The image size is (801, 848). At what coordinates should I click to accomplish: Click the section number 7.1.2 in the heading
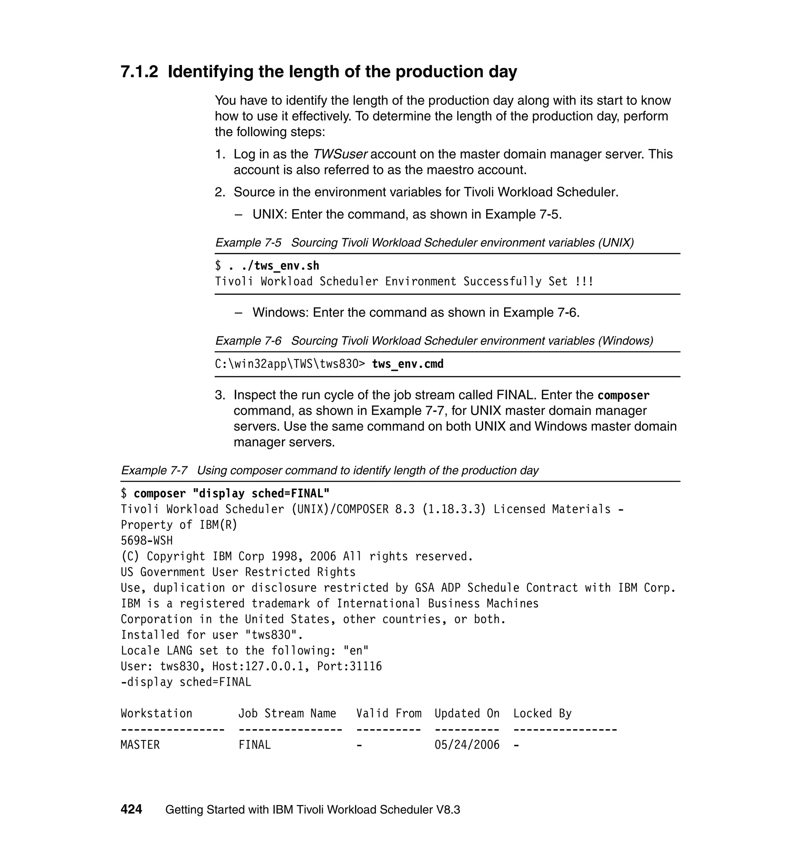coord(139,72)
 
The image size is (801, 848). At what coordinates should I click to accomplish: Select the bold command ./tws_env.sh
coord(280,266)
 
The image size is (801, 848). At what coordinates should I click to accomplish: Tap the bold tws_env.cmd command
coord(408,364)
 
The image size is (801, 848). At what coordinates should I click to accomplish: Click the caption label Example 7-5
coord(248,243)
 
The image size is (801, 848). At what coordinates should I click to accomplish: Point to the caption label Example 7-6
coord(248,341)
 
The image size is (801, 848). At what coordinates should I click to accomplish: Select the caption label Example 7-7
coord(154,471)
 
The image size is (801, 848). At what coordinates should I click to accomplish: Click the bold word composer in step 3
coord(623,395)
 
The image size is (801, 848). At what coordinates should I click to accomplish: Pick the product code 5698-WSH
coord(146,541)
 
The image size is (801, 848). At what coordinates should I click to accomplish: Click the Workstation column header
coord(156,713)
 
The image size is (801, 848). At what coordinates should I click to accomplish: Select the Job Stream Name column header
coord(287,713)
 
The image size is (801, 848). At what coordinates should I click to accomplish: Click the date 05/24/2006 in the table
coord(467,745)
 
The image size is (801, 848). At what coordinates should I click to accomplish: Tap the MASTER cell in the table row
coord(140,745)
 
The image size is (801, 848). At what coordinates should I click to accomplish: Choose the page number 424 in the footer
coord(131,810)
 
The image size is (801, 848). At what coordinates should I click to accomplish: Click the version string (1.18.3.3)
coord(453,509)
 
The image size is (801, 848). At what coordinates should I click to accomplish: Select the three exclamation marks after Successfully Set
coord(584,282)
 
